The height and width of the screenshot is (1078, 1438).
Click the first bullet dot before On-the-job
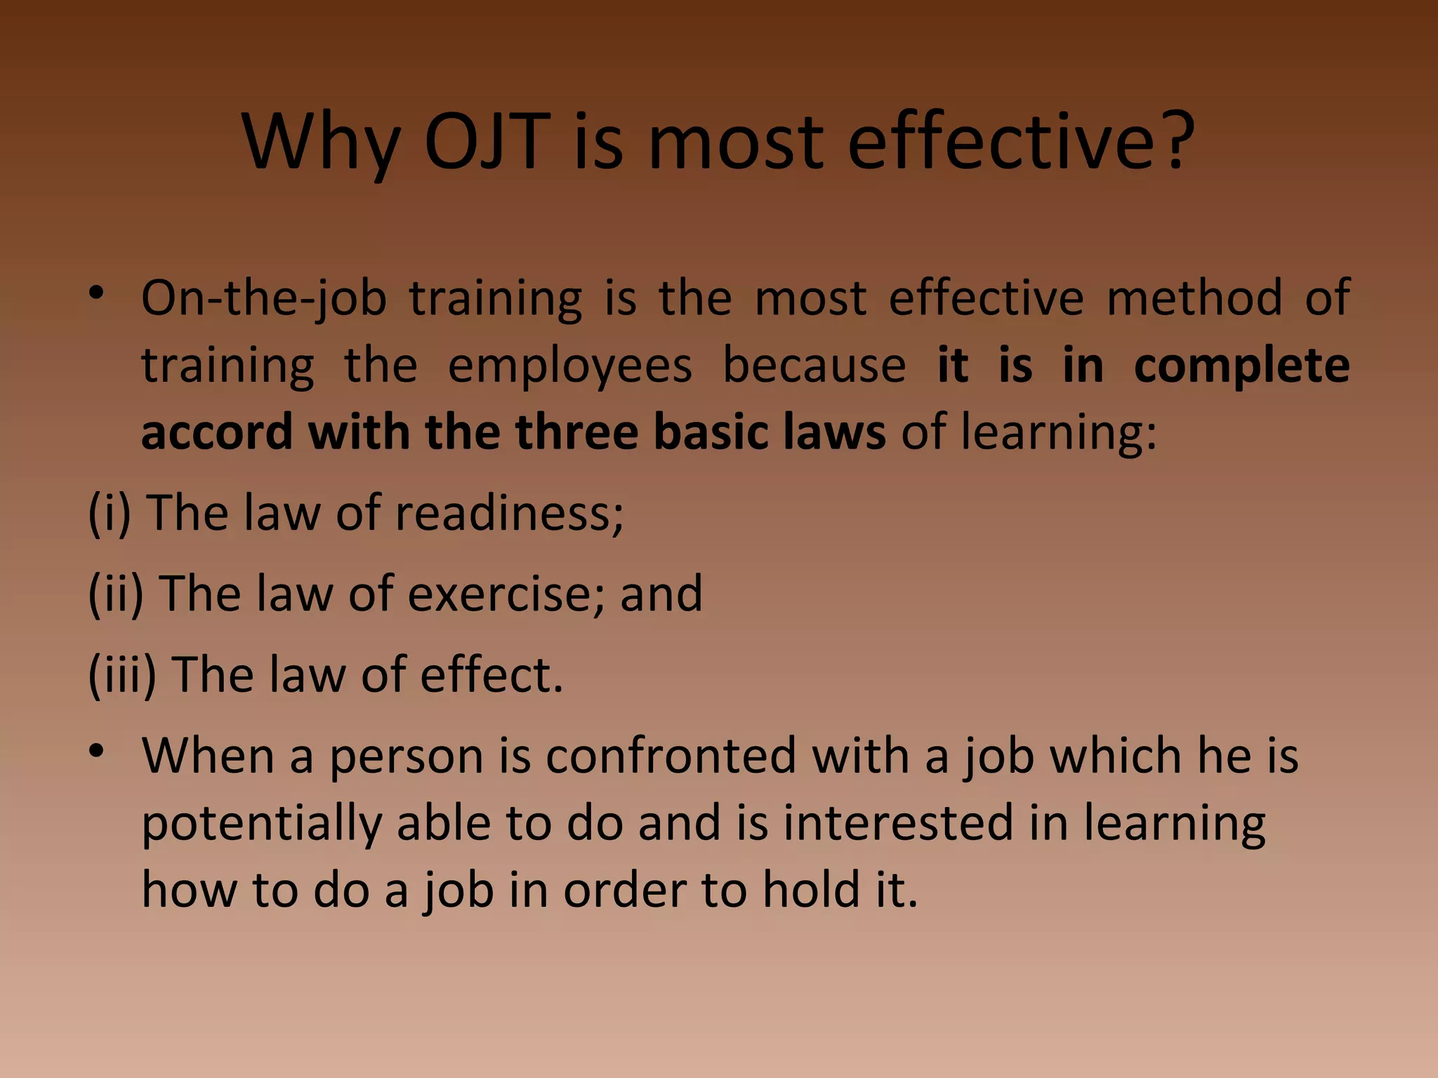pos(97,294)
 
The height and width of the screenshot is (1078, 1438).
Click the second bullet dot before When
pos(97,752)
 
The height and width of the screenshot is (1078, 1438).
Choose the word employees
pos(569,366)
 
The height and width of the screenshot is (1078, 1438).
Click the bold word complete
pos(1241,367)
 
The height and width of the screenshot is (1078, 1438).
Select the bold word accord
pos(216,432)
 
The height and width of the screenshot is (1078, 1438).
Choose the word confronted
pos(670,756)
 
